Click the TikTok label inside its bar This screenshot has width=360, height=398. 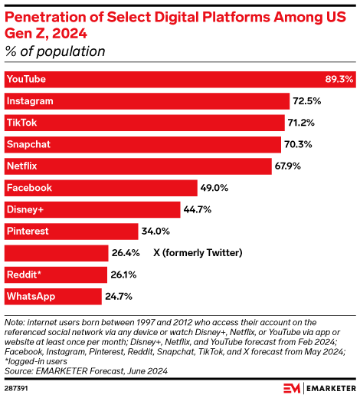(21, 123)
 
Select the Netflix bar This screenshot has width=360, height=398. (138, 166)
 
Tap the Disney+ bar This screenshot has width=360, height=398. (92, 209)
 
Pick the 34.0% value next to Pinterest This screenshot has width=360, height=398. (155, 231)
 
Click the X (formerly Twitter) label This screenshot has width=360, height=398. (198, 253)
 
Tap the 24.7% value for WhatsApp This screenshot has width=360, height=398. (119, 296)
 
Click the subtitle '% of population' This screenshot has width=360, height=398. (54, 51)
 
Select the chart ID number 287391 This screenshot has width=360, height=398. (16, 387)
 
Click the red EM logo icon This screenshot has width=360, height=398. (293, 386)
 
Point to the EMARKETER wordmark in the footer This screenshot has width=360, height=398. (330, 387)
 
